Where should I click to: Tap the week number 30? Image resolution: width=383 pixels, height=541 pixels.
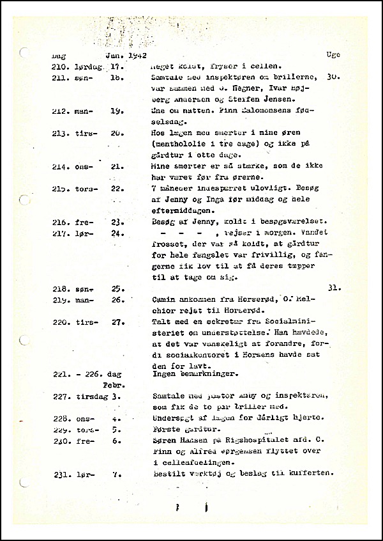(x=331, y=77)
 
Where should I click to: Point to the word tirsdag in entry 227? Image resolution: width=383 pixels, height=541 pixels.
(x=88, y=396)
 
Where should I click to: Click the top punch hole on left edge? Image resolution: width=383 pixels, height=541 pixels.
(x=24, y=54)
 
